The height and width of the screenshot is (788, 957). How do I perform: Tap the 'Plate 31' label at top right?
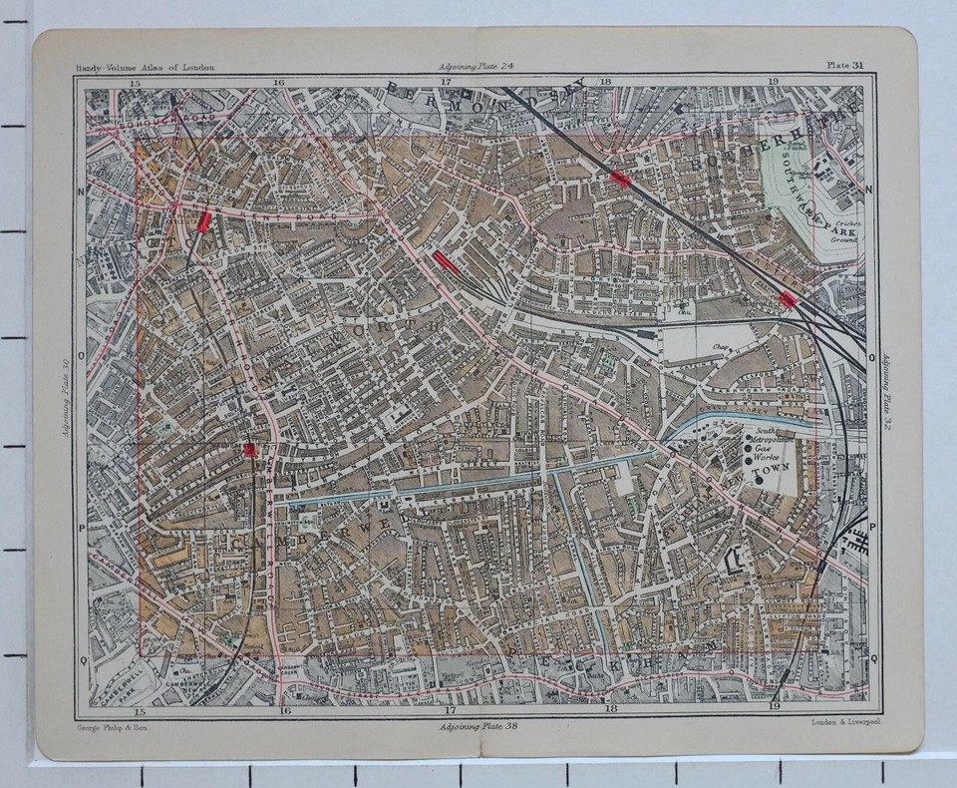point(845,67)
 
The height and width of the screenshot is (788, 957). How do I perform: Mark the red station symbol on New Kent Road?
point(204,221)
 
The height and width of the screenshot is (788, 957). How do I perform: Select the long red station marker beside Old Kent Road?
point(446,261)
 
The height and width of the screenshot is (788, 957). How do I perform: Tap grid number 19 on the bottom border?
point(774,708)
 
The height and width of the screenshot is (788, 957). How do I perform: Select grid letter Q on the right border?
point(874,658)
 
